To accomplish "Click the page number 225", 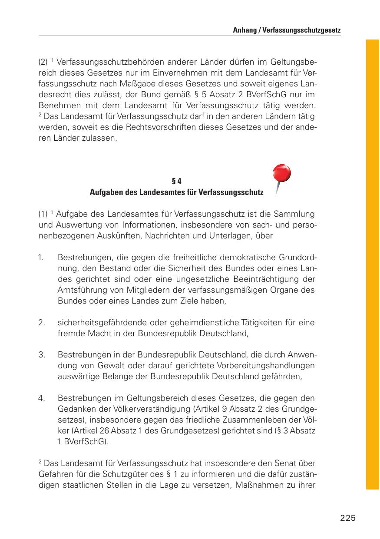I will (x=348, y=518).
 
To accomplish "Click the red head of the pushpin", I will (x=281, y=174).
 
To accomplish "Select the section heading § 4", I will (x=176, y=181).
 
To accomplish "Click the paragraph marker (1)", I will (x=43, y=214).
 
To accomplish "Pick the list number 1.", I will (x=40, y=257).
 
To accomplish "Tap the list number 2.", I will (x=42, y=322).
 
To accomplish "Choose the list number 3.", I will (x=42, y=354).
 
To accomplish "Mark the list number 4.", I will (x=42, y=398).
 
